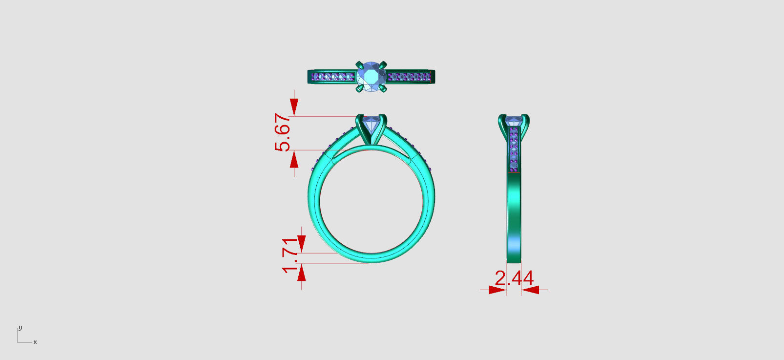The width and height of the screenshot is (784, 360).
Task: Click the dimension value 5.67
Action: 283,132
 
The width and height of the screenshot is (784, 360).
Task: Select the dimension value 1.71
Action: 290,255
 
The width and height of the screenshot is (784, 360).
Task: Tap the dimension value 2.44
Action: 514,278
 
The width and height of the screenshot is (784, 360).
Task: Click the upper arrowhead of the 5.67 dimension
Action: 294,107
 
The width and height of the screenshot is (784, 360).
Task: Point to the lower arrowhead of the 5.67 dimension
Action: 294,159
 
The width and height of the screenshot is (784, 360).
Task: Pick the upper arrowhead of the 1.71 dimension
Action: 302,244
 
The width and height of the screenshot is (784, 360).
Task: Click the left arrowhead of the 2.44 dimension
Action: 497,290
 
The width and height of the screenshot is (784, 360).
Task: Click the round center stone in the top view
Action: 371,77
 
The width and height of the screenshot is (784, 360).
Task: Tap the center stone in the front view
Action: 371,124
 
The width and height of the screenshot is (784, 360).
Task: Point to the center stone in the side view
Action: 514,121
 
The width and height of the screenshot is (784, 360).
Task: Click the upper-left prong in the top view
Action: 360,64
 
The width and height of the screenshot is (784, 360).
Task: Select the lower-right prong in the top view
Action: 383,89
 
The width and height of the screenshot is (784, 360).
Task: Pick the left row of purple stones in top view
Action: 333,77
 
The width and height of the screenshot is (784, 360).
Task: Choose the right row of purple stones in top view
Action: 410,77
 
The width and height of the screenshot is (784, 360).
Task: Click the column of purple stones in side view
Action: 514,149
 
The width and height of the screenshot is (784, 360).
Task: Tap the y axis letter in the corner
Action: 20,328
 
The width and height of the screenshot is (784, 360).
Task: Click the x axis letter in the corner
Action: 35,342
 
